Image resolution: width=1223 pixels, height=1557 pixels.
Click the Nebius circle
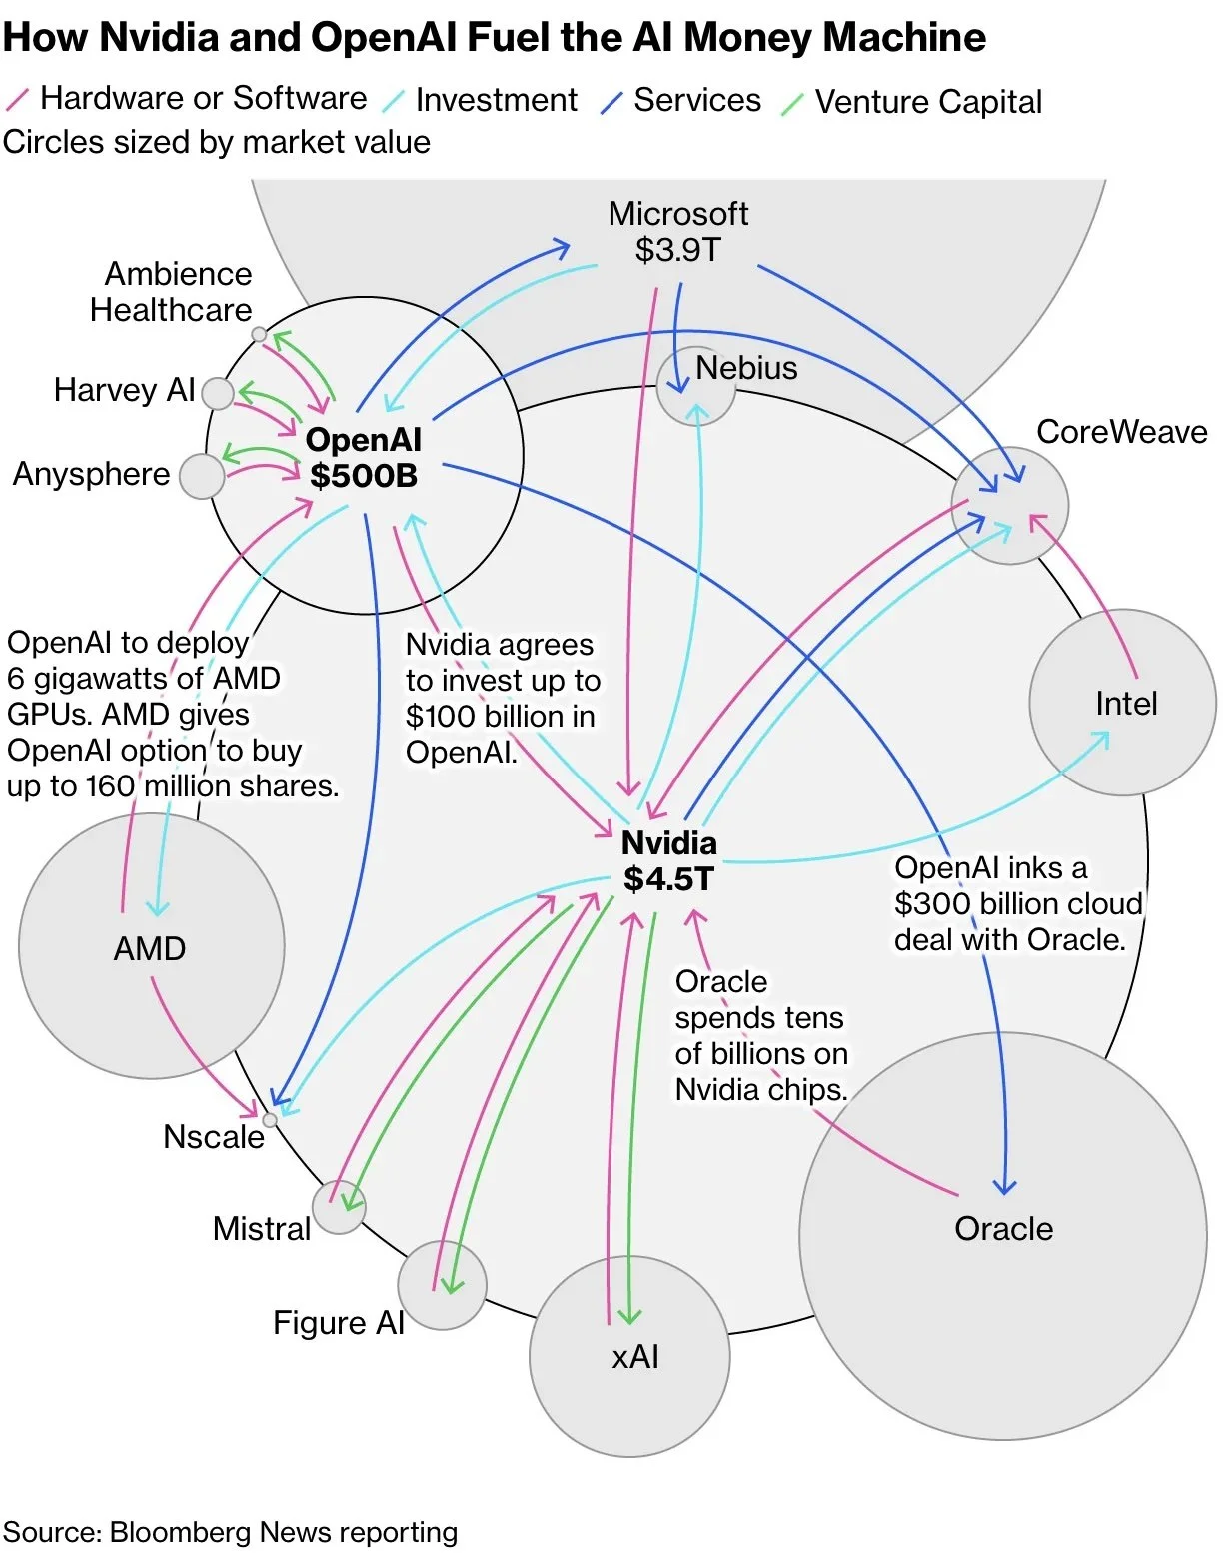[x=696, y=387]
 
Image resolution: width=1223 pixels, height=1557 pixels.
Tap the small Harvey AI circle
[x=218, y=393]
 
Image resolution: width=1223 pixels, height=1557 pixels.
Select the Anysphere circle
[x=202, y=476]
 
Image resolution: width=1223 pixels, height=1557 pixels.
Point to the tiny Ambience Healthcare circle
[x=259, y=334]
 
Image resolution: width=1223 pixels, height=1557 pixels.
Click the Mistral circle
[x=339, y=1207]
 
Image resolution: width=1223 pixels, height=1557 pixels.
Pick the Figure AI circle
[x=442, y=1285]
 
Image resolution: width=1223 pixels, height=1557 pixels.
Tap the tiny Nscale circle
[x=269, y=1120]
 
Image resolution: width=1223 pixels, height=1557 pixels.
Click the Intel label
[x=1126, y=704]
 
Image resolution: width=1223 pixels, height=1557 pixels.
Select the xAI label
[x=635, y=1357]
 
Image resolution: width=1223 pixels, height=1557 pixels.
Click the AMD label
[x=150, y=949]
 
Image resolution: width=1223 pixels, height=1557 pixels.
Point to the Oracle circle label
[x=1003, y=1229]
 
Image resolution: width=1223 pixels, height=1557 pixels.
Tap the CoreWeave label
[x=1121, y=432]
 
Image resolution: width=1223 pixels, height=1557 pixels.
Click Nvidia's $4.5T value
[x=668, y=879]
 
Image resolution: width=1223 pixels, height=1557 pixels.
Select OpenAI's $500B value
[x=364, y=475]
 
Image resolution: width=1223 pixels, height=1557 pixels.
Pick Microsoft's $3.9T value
[x=677, y=250]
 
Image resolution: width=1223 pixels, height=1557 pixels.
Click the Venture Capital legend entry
[x=928, y=102]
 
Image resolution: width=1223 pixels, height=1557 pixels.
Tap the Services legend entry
[x=696, y=101]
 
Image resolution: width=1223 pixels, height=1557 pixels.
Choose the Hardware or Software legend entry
[x=203, y=99]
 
